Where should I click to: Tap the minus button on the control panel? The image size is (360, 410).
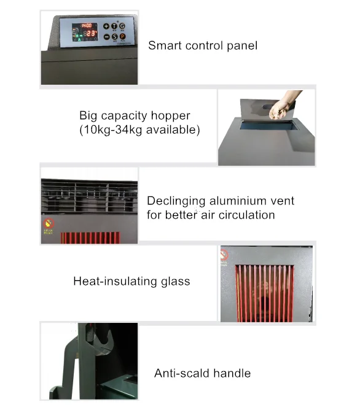[x=106, y=37]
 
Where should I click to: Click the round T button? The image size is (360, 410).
[x=114, y=26]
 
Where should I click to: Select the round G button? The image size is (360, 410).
[x=122, y=26]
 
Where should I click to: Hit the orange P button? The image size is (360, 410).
[x=122, y=37]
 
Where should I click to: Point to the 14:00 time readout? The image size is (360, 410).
[x=86, y=26]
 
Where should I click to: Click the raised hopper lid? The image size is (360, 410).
[x=267, y=110]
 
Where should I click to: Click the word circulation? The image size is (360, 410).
[x=246, y=215]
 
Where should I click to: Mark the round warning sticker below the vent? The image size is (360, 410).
[x=49, y=223]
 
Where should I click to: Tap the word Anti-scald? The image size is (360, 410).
[x=182, y=373]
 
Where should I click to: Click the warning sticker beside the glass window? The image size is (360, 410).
[x=224, y=255]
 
